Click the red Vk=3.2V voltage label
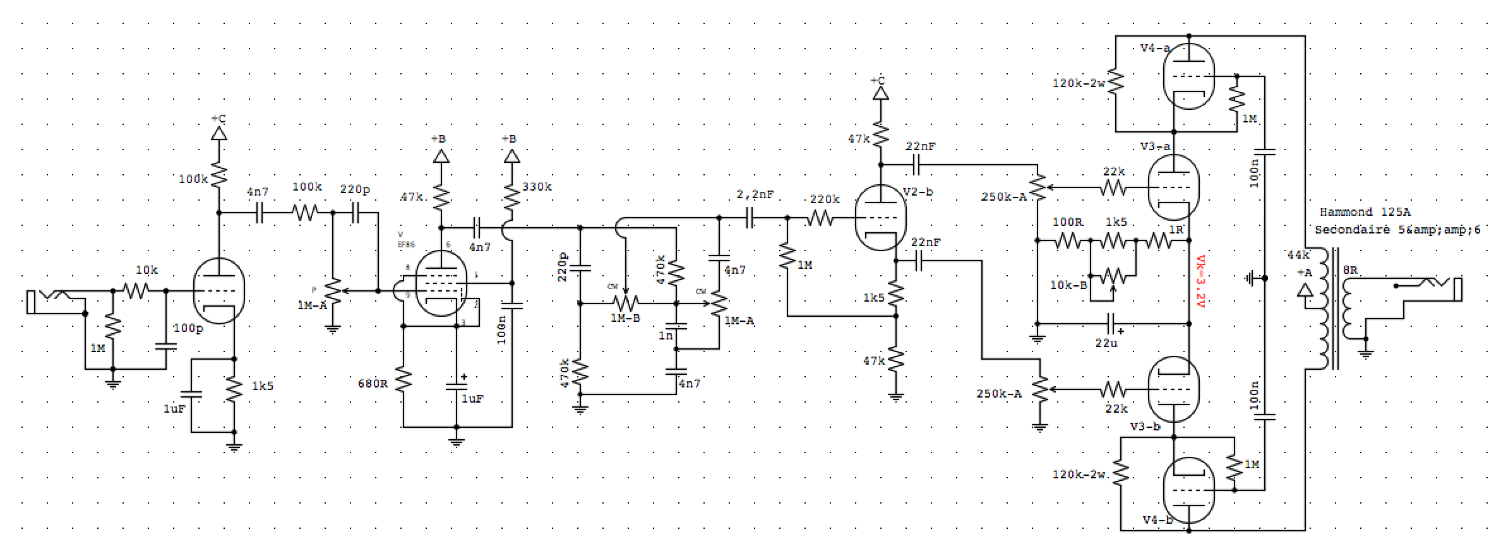pyautogui.click(x=1200, y=280)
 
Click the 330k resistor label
pyautogui.click(x=537, y=187)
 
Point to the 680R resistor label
pyautogui.click(x=373, y=383)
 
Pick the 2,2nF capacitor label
pyautogui.click(x=755, y=195)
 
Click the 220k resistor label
pyautogui.click(x=824, y=199)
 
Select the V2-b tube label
pyautogui.click(x=918, y=192)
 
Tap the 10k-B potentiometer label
pyautogui.click(x=1068, y=285)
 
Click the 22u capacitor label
pyautogui.click(x=1106, y=343)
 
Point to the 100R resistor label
pyautogui.click(x=1068, y=223)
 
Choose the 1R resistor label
pyautogui.click(x=1176, y=230)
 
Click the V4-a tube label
pyautogui.click(x=1155, y=48)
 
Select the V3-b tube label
pyautogui.click(x=1145, y=427)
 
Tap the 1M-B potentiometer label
pyautogui.click(x=625, y=318)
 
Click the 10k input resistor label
pyautogui.click(x=147, y=270)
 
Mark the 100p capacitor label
pyautogui.click(x=188, y=328)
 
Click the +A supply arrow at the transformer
pyautogui.click(x=1305, y=288)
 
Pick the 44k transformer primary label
pyautogui.click(x=1298, y=255)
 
